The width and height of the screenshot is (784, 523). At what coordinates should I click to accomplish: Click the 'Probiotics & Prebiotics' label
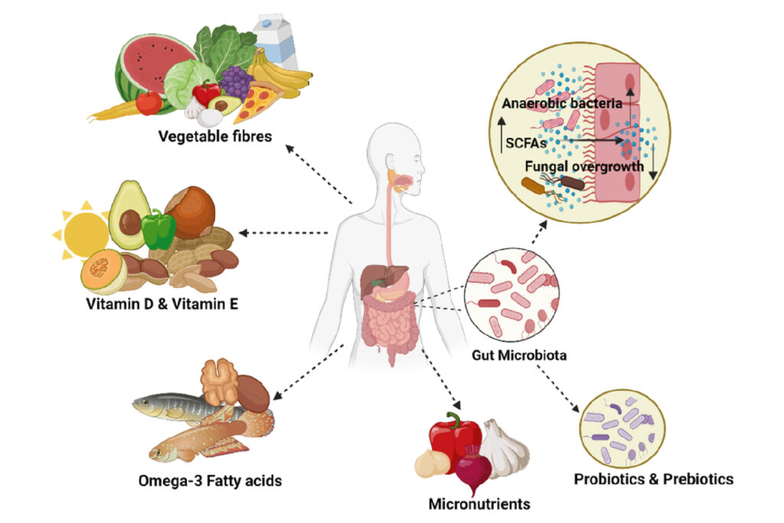(653, 479)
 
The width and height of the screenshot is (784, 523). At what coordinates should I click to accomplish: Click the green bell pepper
(158, 228)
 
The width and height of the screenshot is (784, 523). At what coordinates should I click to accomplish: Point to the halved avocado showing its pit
(127, 214)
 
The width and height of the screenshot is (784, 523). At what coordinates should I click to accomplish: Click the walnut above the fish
(220, 381)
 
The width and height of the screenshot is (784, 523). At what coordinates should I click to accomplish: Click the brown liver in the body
(378, 278)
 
